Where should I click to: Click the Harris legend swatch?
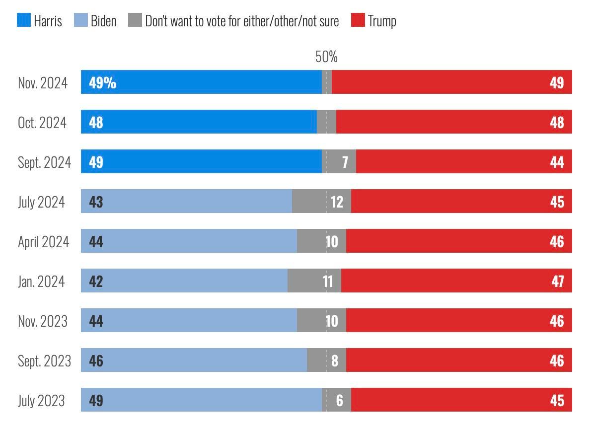pos(24,20)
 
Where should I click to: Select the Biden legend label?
pos(103,21)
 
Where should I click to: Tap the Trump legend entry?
pos(381,21)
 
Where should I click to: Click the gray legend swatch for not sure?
pos(135,20)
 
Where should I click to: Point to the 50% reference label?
pos(326,57)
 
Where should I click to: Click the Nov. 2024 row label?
pos(43,82)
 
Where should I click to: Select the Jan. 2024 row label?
pos(41,282)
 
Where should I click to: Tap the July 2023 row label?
pos(41,401)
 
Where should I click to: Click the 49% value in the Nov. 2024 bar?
pos(102,82)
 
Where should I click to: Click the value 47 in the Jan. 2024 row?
pos(557,282)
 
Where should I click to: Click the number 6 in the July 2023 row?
pos(339,400)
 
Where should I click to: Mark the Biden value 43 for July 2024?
pos(96,202)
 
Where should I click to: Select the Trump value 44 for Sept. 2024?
pos(557,162)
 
